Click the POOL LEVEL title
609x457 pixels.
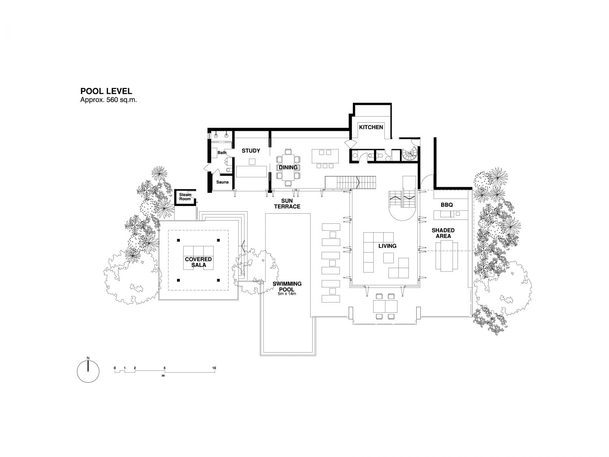106,91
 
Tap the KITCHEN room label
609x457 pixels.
371,127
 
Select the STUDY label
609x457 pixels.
251,151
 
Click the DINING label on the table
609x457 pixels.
288,167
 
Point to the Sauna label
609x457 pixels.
222,182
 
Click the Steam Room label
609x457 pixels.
185,197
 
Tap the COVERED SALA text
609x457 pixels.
198,262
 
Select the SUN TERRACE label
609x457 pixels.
287,204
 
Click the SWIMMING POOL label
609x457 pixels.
287,286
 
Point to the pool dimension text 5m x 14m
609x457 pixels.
287,294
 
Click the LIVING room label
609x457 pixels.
387,246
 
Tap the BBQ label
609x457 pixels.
447,205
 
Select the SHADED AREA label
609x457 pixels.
443,233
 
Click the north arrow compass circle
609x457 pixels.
88,372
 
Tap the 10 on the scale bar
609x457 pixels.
214,368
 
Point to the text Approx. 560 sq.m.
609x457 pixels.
108,100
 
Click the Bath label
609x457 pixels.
222,153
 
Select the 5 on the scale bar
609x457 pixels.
164,368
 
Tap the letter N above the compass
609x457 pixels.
88,358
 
